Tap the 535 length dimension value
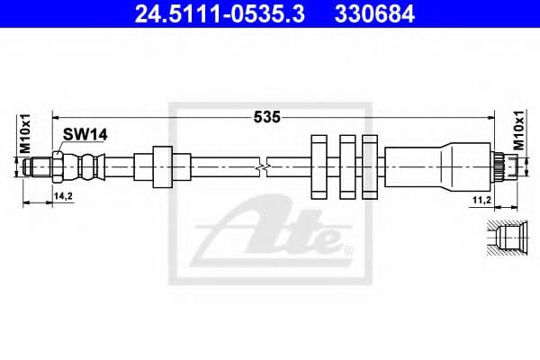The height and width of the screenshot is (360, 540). pyautogui.click(x=267, y=116)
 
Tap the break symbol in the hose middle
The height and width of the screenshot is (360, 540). pyautogui.click(x=261, y=166)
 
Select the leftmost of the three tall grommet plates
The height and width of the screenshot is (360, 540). pyautogui.click(x=318, y=166)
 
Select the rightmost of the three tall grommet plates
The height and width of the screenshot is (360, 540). pyautogui.click(x=370, y=166)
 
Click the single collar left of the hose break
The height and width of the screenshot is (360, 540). pyautogui.click(x=162, y=166)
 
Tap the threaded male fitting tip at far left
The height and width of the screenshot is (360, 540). pyautogui.click(x=39, y=166)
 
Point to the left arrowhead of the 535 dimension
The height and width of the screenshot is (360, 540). pyautogui.click(x=57, y=116)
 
